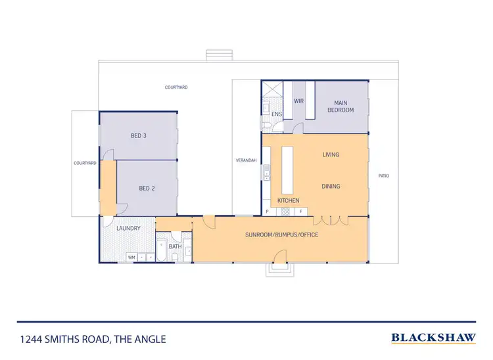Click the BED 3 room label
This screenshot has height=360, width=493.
[138, 136]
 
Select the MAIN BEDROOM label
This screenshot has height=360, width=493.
[340, 106]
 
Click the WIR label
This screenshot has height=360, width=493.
[298, 101]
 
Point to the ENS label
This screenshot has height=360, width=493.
[276, 114]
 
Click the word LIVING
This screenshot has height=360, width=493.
[331, 155]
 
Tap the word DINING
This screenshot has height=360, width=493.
[331, 186]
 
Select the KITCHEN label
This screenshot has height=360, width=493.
[288, 200]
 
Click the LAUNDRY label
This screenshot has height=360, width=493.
[128, 229]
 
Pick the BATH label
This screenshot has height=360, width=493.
[175, 246]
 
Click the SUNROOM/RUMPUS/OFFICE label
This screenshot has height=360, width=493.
[282, 235]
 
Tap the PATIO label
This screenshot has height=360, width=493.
[384, 175]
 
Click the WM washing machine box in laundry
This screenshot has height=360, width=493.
[131, 257]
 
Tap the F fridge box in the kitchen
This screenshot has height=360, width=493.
[300, 212]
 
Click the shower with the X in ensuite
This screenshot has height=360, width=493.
[272, 91]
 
